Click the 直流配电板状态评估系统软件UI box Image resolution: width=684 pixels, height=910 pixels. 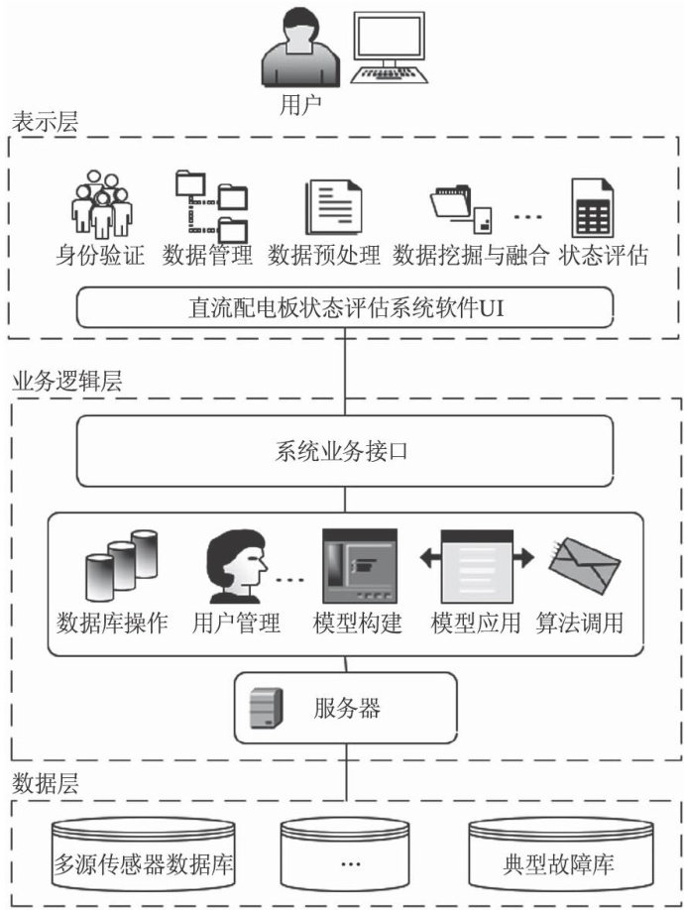(344, 307)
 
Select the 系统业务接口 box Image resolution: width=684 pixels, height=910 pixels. (344, 452)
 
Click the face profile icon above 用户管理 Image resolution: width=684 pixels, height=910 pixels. (235, 567)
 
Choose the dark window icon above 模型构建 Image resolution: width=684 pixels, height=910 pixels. (360, 567)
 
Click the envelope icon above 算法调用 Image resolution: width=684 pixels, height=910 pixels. (585, 565)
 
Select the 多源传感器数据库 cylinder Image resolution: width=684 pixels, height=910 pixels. (147, 857)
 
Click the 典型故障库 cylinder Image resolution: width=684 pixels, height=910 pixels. (558, 857)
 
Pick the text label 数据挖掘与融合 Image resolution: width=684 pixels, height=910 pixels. (471, 256)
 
